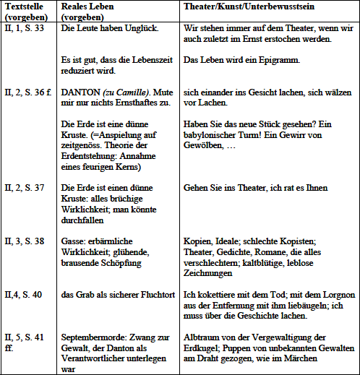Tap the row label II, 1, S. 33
pyautogui.click(x=23, y=28)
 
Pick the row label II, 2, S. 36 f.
pyautogui.click(x=27, y=93)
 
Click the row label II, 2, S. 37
pyautogui.click(x=23, y=187)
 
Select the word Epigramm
pyautogui.click(x=278, y=62)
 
